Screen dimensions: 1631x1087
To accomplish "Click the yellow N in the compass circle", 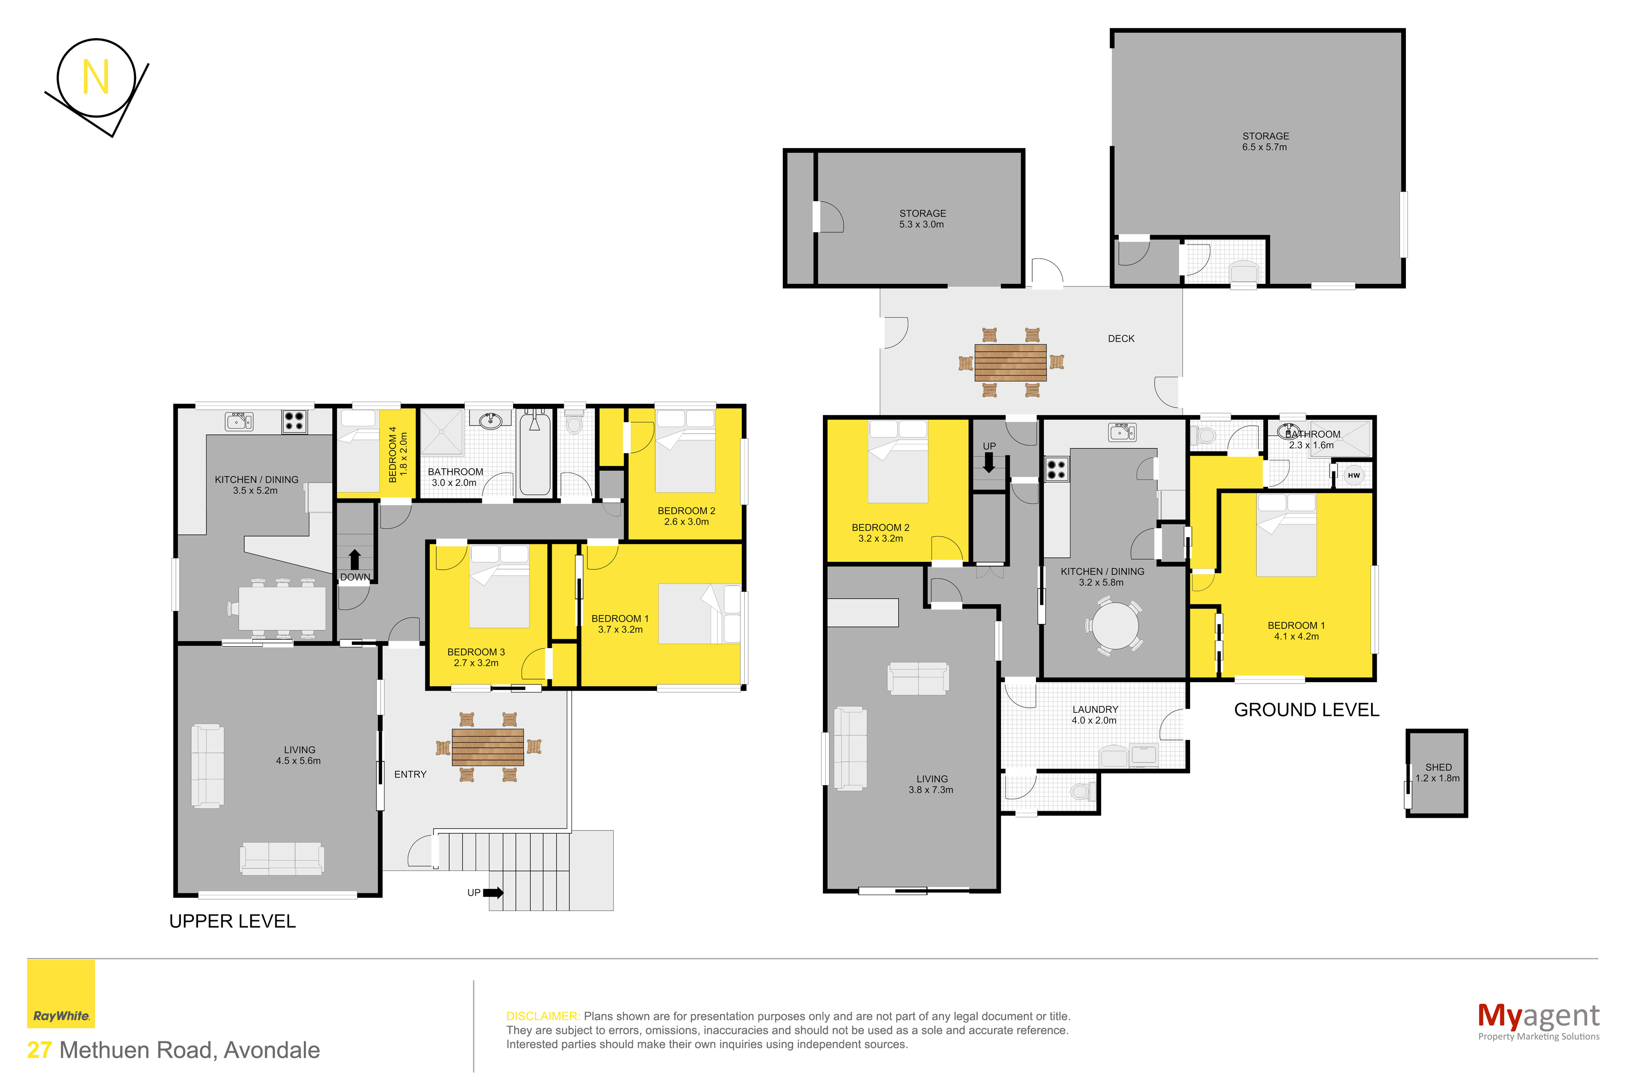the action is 96,76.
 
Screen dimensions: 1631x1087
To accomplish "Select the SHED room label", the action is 1438,767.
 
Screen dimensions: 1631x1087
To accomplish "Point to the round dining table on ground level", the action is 1115,625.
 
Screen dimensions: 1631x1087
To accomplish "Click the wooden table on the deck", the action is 1010,362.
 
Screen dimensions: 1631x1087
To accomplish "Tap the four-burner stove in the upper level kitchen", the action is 294,421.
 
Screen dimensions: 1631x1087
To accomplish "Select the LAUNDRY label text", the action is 1095,709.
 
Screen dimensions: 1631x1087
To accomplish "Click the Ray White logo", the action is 61,993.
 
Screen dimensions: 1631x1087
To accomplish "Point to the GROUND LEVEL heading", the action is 1307,710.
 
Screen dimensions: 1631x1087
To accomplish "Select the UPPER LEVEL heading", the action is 232,921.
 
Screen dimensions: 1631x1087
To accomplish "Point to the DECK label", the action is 1121,338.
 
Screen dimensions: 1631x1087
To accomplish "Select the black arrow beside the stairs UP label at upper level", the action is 493,892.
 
